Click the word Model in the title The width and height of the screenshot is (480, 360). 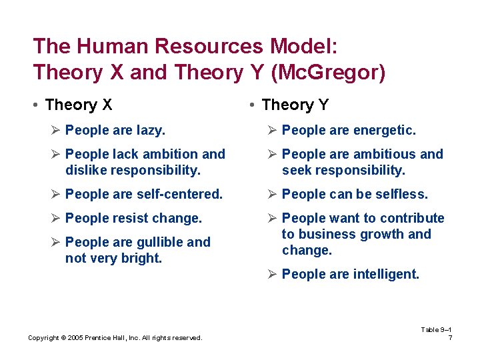pos(304,46)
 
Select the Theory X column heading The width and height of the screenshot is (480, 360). pos(78,105)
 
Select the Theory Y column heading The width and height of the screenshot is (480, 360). pos(295,105)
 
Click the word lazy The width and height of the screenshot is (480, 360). pos(151,131)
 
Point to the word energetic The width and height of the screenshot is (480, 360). pos(382,131)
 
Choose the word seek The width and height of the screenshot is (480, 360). pos(297,171)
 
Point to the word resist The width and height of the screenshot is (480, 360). pos(131,219)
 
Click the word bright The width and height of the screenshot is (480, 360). pos(141,259)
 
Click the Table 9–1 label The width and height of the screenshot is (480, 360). pos(437,329)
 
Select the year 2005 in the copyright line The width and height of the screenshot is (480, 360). pos(69,338)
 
